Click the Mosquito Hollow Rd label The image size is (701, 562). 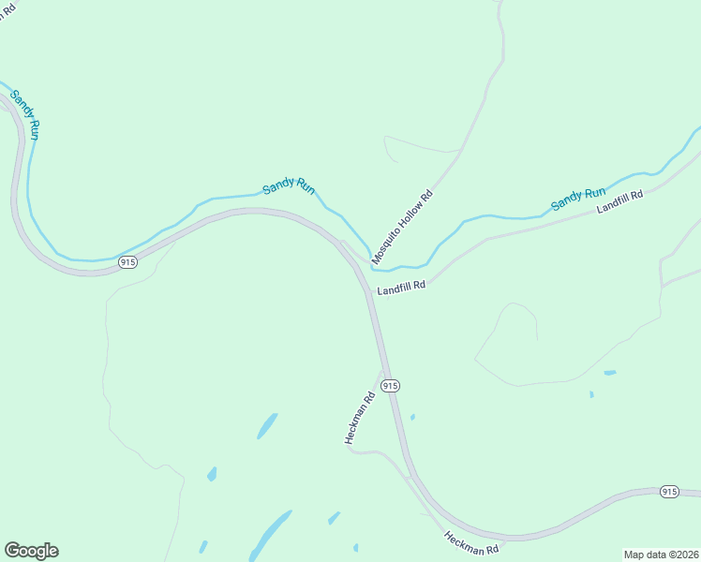[402, 226]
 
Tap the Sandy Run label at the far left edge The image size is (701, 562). [24, 115]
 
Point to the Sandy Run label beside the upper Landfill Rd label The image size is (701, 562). [578, 199]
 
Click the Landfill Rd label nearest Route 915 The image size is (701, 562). [402, 289]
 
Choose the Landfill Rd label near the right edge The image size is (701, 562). [621, 201]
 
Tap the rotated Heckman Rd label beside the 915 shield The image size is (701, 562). [358, 418]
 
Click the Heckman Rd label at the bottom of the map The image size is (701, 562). [471, 543]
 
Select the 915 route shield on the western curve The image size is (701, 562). [128, 263]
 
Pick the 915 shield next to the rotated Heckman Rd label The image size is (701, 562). [391, 386]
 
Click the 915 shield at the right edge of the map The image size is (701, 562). [669, 492]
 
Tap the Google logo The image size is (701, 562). [31, 551]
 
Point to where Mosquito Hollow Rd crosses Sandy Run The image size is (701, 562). [373, 263]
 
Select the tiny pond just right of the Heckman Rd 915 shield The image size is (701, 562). [412, 417]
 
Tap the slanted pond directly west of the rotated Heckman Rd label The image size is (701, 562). [267, 426]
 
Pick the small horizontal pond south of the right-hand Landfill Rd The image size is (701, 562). [610, 373]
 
